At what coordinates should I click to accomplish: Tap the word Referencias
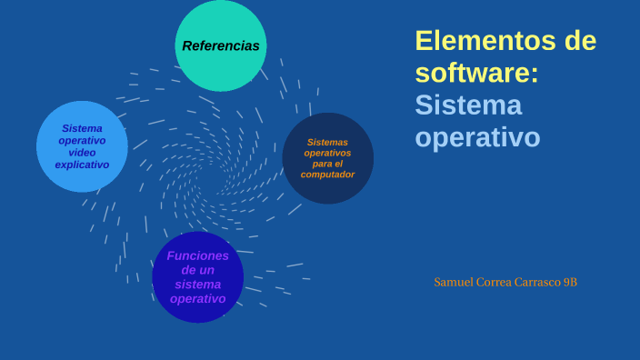coord(221,45)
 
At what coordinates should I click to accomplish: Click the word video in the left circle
coord(82,153)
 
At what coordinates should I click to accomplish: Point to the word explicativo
coord(82,165)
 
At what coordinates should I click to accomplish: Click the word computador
coord(328,174)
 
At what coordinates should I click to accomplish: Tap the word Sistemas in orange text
coord(328,142)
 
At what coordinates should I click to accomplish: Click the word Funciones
coord(197,255)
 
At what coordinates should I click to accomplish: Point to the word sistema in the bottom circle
coord(197,285)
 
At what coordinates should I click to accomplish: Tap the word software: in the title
coord(476,73)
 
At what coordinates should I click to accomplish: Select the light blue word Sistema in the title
coord(468,105)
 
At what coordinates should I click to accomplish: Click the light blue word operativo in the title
coord(477,136)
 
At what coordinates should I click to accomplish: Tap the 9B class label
coord(570,283)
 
